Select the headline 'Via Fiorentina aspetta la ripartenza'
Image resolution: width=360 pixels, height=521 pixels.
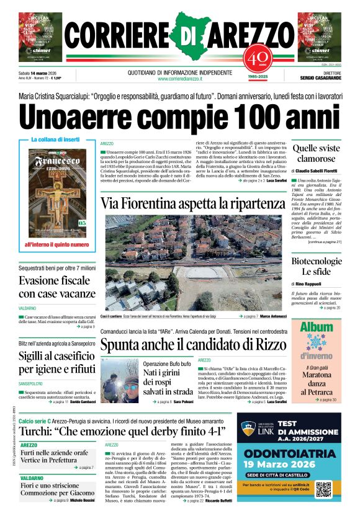coord(192,203)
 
